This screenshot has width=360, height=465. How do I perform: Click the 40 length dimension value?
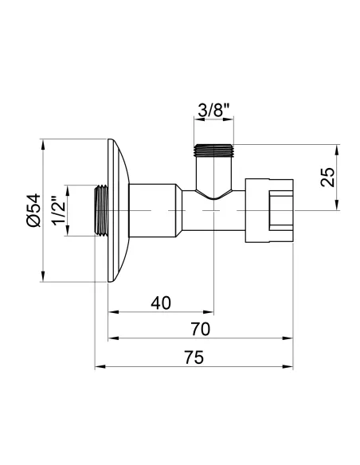click(161, 303)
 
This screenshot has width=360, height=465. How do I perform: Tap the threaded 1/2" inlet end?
click(101, 210)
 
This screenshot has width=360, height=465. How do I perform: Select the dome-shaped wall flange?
click(115, 210)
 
